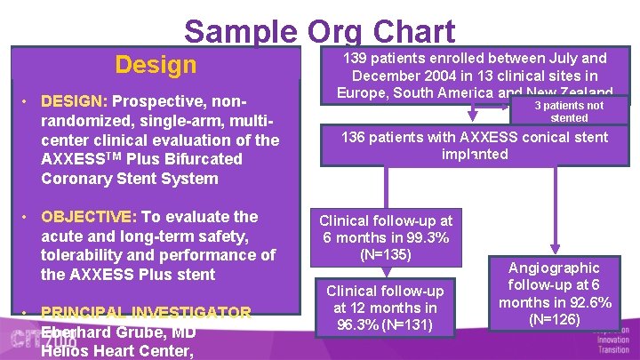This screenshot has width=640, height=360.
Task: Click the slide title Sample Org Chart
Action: pyautogui.click(x=319, y=31)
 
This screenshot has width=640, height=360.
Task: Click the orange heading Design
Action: pyautogui.click(x=156, y=65)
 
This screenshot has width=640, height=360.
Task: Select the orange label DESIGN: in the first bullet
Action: pyautogui.click(x=75, y=101)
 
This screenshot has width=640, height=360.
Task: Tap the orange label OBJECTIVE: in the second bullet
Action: pyautogui.click(x=87, y=217)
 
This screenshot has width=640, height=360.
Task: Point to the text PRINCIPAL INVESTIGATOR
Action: pyautogui.click(x=146, y=313)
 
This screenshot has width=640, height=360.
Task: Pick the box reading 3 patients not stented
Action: pyautogui.click(x=569, y=111)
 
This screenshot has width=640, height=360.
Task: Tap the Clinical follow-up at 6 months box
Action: pyautogui.click(x=386, y=237)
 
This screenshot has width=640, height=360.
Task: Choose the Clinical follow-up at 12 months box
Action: pyautogui.click(x=386, y=308)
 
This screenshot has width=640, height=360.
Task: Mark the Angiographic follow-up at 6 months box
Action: pyautogui.click(x=554, y=293)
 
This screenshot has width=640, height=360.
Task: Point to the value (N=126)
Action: pyautogui.click(x=554, y=319)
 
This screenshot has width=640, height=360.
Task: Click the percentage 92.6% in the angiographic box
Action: pyautogui.click(x=588, y=302)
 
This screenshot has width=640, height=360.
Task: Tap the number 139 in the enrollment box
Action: pyautogui.click(x=357, y=59)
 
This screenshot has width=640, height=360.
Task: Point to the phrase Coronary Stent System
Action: pyautogui.click(x=129, y=179)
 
